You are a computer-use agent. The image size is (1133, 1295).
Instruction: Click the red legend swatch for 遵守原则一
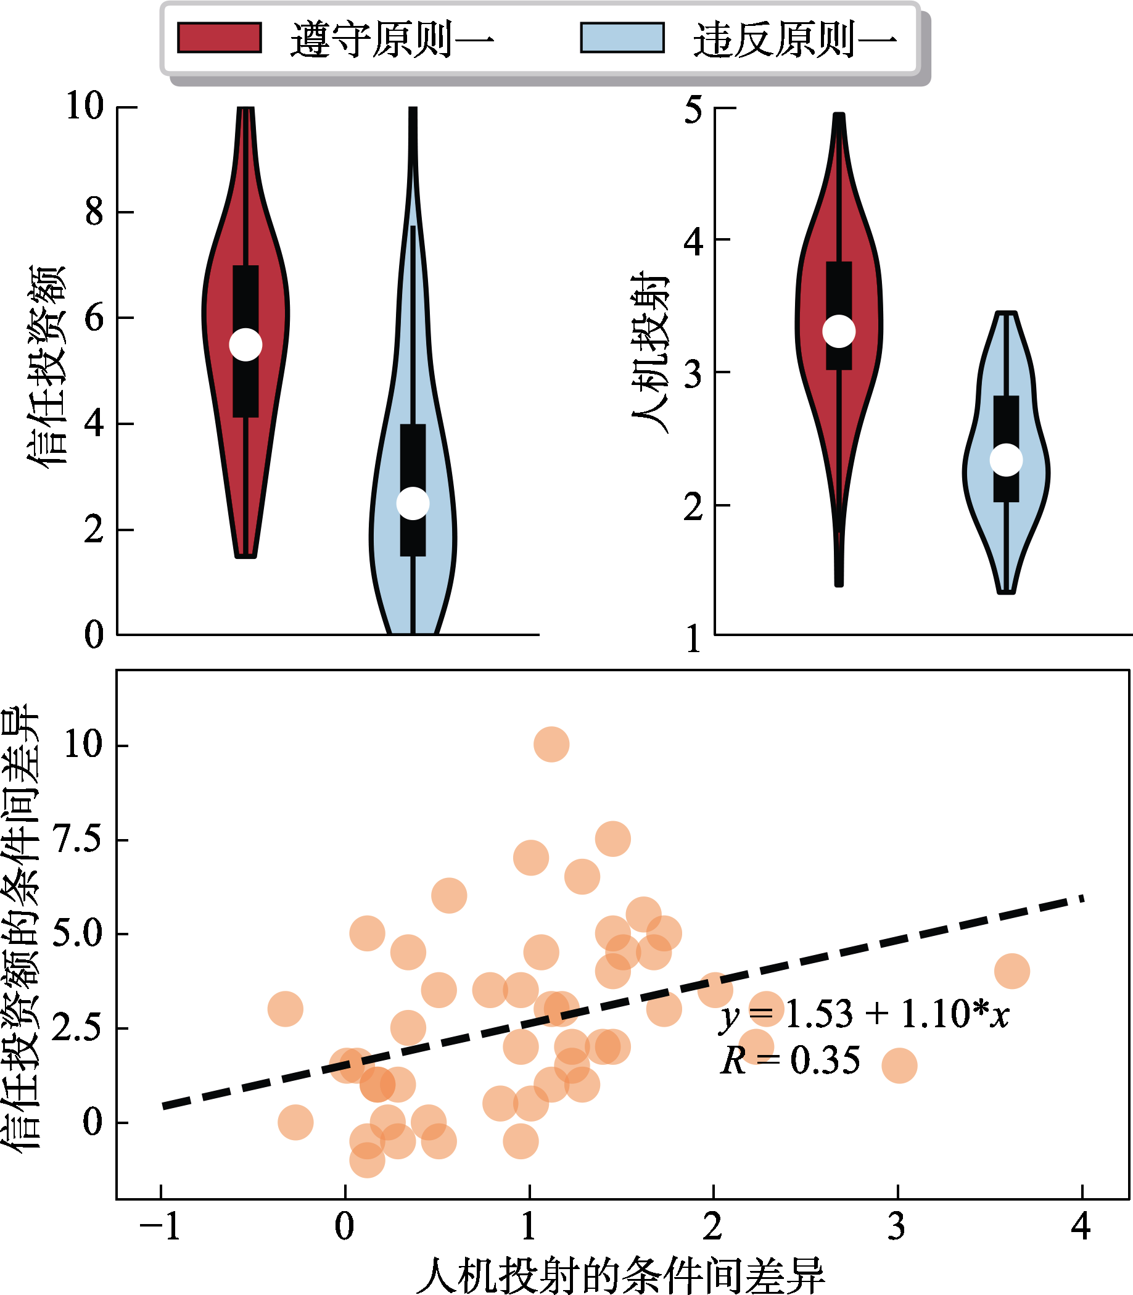(220, 38)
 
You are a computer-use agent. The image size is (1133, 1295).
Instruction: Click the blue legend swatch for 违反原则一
(622, 38)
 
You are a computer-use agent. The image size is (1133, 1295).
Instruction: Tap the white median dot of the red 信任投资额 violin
(245, 345)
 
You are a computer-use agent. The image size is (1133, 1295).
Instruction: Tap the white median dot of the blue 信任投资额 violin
(413, 503)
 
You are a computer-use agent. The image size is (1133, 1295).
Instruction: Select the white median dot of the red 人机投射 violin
(839, 331)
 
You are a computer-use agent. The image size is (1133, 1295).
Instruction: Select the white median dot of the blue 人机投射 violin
(1006, 459)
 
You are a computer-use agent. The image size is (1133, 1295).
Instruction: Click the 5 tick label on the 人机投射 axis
(694, 110)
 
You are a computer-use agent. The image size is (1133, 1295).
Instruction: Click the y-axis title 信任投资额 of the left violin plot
(46, 365)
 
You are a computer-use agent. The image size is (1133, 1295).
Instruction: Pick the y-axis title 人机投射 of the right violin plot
(650, 352)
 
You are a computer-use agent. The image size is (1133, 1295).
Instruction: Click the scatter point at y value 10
(551, 744)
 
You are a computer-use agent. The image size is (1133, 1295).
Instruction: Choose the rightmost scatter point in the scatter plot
(1012, 971)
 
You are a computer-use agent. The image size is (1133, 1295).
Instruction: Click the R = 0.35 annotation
(790, 1061)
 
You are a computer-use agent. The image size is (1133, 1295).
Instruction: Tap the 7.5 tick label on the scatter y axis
(78, 840)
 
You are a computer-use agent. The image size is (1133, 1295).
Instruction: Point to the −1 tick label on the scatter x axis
(160, 1228)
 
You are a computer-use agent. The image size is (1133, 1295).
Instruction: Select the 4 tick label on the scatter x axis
(1082, 1228)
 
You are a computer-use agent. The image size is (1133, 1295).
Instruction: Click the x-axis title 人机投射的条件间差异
(620, 1275)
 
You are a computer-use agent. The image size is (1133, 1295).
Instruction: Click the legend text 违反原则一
(795, 39)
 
